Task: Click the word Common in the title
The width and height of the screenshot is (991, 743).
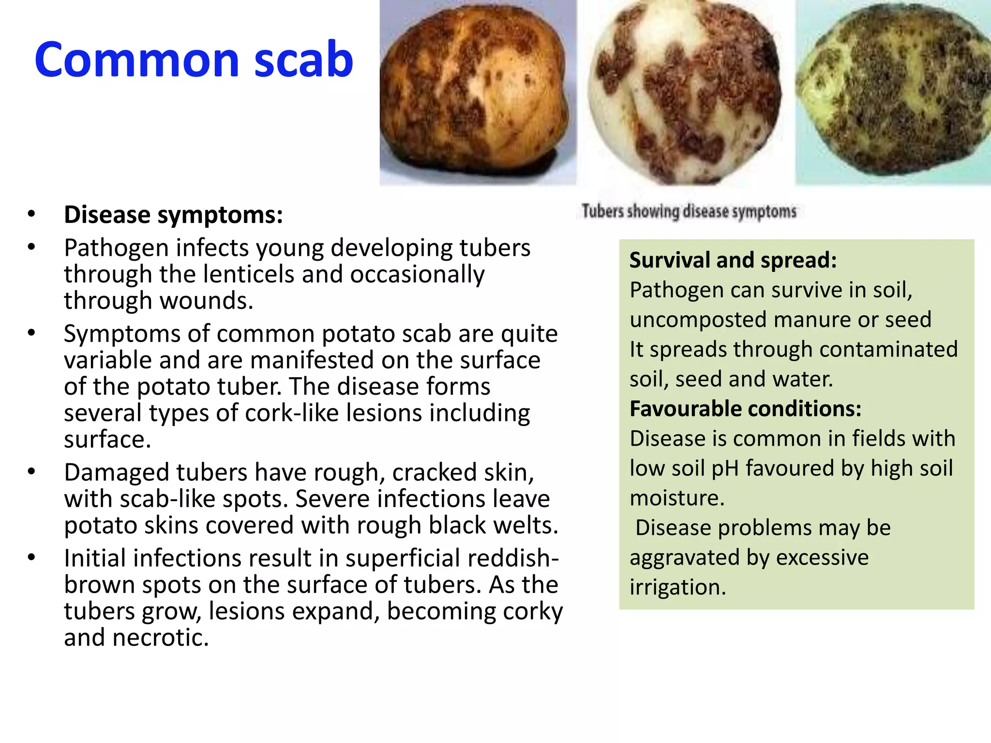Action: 137,60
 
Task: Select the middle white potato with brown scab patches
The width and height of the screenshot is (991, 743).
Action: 685,94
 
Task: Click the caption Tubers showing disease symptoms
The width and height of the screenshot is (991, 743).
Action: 689,211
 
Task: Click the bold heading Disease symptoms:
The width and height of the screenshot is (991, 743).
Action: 173,215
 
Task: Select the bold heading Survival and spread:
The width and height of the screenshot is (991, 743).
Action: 733,260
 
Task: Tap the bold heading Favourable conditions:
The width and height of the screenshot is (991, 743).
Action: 745,409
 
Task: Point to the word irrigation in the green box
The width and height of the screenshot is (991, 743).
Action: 677,587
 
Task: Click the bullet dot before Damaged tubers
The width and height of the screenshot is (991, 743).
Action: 31,472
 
